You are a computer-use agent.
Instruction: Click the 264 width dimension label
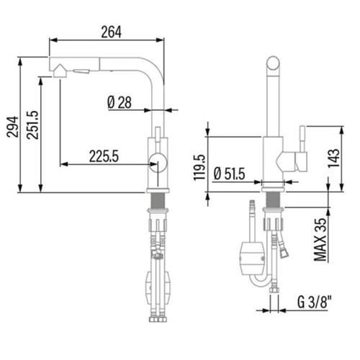pyautogui.click(x=111, y=32)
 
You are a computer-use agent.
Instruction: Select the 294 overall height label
pyautogui.click(x=12, y=127)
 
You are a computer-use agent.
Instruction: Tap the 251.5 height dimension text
pyautogui.click(x=32, y=125)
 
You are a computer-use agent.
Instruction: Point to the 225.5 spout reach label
pyautogui.click(x=104, y=156)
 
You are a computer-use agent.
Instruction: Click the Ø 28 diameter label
pyautogui.click(x=120, y=102)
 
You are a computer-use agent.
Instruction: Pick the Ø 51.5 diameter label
pyautogui.click(x=229, y=174)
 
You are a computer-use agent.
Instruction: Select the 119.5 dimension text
pyautogui.click(x=199, y=167)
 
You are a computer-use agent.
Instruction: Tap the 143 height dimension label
pyautogui.click(x=334, y=158)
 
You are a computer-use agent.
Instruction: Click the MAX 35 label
pyautogui.click(x=321, y=240)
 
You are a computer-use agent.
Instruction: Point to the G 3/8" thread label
pyautogui.click(x=315, y=302)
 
